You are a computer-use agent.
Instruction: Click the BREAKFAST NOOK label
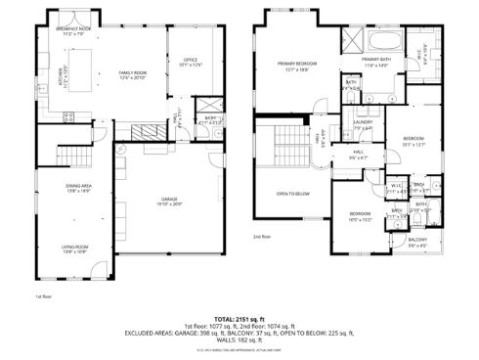click(x=74, y=31)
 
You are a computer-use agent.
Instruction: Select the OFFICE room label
click(x=191, y=63)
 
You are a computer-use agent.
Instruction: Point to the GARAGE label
click(x=168, y=202)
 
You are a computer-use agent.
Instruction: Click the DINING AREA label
click(x=78, y=188)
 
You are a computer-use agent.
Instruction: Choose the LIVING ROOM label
click(x=75, y=249)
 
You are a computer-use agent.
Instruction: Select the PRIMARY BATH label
click(x=376, y=63)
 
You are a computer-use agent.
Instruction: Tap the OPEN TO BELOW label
click(x=292, y=194)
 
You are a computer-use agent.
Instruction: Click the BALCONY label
click(x=417, y=242)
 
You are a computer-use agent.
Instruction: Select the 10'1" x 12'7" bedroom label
click(x=414, y=142)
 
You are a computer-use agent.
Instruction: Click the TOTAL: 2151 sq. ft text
click(x=239, y=319)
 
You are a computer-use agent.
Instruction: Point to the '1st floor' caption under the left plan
click(x=42, y=294)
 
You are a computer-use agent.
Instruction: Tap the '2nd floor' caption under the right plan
click(x=261, y=237)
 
